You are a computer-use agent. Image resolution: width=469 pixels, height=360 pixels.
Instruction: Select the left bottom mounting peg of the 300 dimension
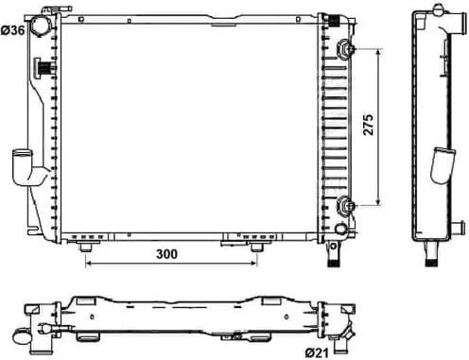click(x=88, y=247)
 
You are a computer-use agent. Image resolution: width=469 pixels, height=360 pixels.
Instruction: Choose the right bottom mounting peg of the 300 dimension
click(x=255, y=247)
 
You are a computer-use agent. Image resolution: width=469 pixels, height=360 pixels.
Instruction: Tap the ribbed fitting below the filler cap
click(x=43, y=67)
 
